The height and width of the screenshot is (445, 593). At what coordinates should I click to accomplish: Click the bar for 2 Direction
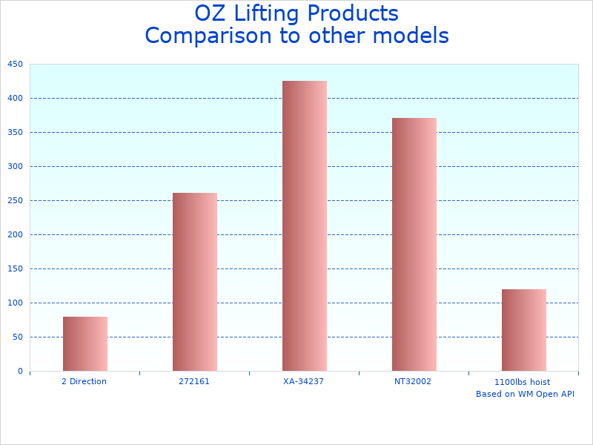85,343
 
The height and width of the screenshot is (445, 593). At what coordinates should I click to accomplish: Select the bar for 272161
195,282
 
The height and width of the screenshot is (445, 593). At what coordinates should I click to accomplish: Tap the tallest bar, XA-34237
305,225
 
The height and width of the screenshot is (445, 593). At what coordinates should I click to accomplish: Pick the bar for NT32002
414,244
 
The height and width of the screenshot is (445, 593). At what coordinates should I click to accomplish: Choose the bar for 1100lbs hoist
524,330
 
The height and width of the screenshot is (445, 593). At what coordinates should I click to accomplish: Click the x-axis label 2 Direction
84,381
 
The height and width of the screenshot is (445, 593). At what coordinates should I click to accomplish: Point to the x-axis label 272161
194,381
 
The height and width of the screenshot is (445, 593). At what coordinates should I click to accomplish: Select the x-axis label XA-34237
304,381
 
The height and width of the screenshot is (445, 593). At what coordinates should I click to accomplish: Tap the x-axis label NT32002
413,381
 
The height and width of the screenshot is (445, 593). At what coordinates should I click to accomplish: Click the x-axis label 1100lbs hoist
523,382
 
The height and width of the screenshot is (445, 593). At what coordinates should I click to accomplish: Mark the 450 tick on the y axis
15,65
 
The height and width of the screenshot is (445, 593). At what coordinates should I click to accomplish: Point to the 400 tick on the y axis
15,98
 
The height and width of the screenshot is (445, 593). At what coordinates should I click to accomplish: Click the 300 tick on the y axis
15,166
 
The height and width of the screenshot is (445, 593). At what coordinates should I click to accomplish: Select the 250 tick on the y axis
15,200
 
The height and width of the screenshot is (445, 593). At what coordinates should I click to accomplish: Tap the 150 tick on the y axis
15,268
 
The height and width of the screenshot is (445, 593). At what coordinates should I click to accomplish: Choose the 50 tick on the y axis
17,337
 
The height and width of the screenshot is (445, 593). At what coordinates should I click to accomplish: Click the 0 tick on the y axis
20,371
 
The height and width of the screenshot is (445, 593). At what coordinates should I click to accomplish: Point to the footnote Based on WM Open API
525,394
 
